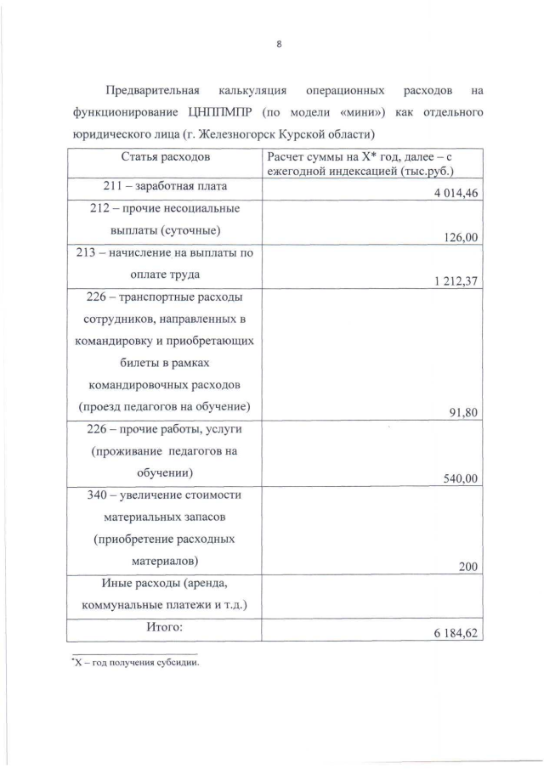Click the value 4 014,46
(456, 194)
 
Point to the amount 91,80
(464, 414)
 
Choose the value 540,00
(462, 479)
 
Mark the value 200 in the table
(468, 568)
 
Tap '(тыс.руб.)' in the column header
(414, 169)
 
